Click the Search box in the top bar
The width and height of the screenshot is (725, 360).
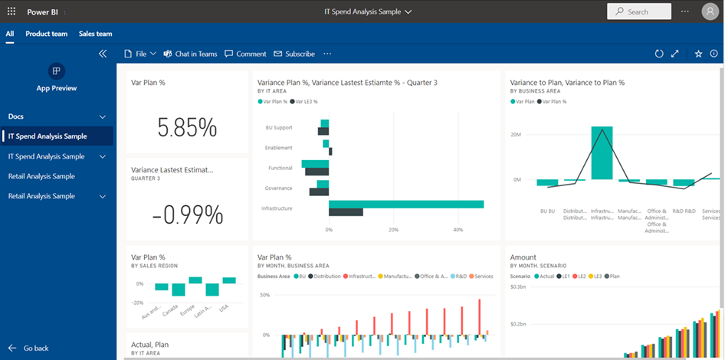tap(639, 11)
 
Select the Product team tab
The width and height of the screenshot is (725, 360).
tap(46, 34)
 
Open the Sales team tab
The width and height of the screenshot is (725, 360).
tap(96, 34)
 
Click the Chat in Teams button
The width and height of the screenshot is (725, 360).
tap(190, 54)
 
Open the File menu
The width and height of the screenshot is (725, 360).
tap(140, 54)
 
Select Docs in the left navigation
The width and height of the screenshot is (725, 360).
tap(16, 116)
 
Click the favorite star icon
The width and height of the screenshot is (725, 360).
tap(698, 54)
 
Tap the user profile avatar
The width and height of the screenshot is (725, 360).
tap(710, 11)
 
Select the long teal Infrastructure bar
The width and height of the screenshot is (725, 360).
tap(406, 204)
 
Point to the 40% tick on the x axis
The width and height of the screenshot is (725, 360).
tap(458, 229)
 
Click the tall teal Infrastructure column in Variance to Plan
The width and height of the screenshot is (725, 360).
tap(602, 153)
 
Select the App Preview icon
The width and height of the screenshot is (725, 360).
tap(56, 71)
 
